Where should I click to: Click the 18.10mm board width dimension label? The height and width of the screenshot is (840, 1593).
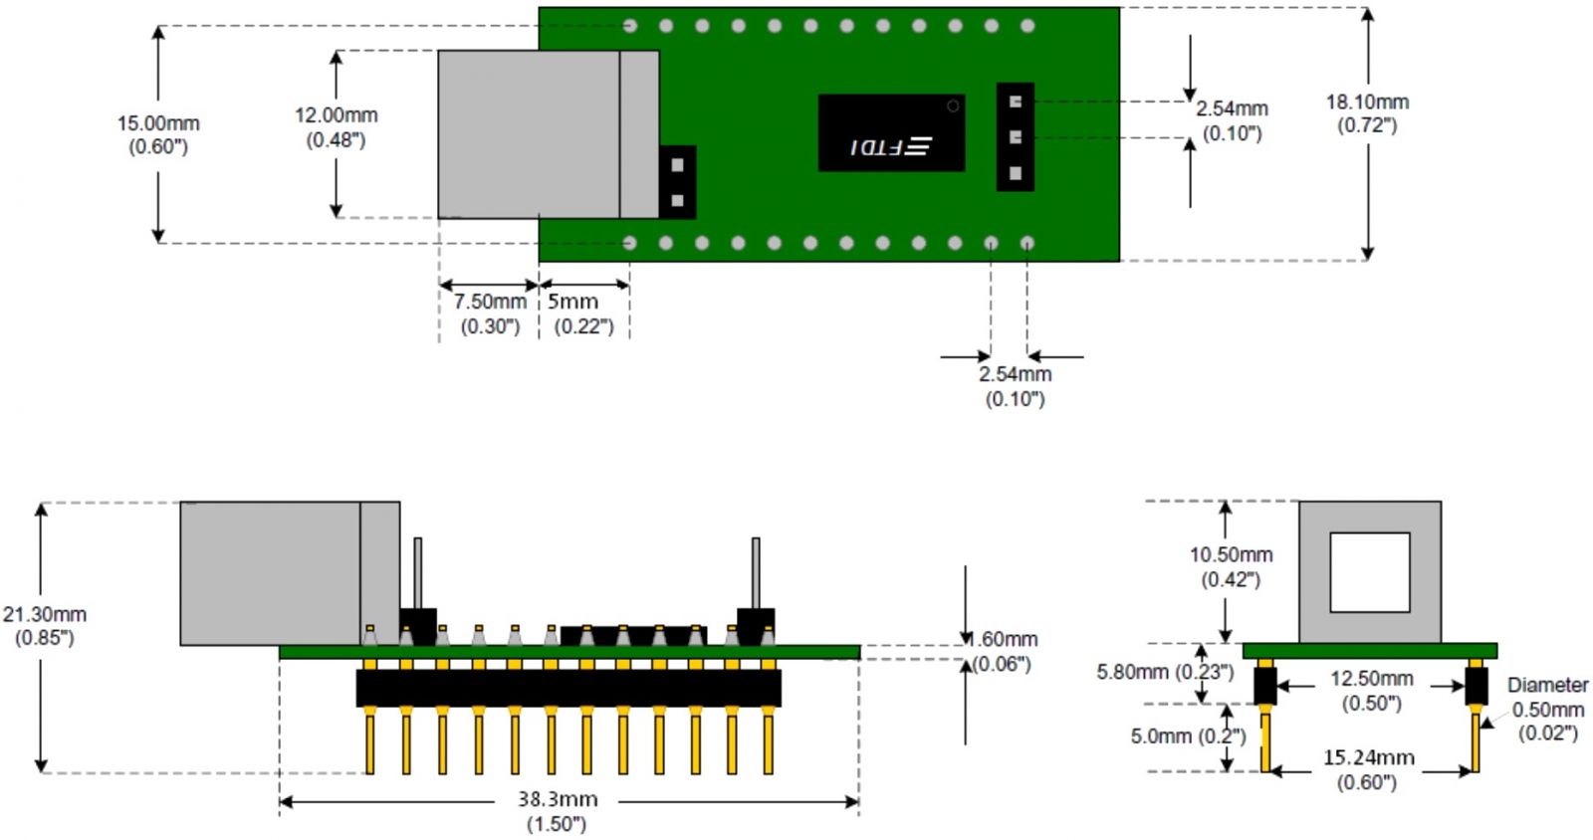click(1366, 103)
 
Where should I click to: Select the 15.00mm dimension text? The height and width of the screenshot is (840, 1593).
click(158, 123)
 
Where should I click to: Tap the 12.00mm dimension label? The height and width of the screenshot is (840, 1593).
click(336, 115)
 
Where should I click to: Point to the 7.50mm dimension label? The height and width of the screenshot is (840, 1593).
click(490, 302)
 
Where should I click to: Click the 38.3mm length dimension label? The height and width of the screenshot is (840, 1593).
click(557, 799)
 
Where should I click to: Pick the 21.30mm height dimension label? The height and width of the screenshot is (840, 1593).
click(45, 614)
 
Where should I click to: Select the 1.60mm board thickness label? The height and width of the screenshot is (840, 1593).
click(1004, 639)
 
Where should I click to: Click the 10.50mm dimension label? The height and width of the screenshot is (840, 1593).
click(1231, 554)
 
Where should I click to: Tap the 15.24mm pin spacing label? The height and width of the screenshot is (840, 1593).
click(1368, 757)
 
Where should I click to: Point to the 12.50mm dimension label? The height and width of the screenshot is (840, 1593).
click(1371, 679)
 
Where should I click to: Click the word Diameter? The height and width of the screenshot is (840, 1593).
click(1547, 685)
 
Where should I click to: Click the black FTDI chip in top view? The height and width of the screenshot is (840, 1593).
click(891, 132)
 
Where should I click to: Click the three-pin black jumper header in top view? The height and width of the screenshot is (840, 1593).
click(1015, 136)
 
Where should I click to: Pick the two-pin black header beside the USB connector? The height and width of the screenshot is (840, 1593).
click(677, 182)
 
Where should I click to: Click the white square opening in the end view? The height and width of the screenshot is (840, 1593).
click(1369, 572)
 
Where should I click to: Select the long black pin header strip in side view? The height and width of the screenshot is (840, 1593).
click(569, 688)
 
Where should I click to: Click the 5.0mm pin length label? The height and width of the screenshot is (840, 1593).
click(1188, 736)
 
